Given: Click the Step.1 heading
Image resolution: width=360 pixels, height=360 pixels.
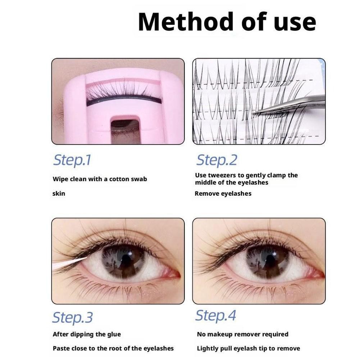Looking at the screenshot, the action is point(72,160).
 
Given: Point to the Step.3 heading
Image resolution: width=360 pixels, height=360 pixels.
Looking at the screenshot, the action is point(73,318).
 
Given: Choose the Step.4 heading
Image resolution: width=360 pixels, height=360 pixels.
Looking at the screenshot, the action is point(215,315).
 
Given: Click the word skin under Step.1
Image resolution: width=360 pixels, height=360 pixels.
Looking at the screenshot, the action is point(59,193).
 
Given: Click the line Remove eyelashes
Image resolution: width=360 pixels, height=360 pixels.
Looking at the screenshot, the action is point(223,193).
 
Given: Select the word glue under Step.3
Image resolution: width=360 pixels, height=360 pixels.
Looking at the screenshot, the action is point(114,334).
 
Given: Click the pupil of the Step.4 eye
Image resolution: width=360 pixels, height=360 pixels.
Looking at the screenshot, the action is point(269,259).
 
